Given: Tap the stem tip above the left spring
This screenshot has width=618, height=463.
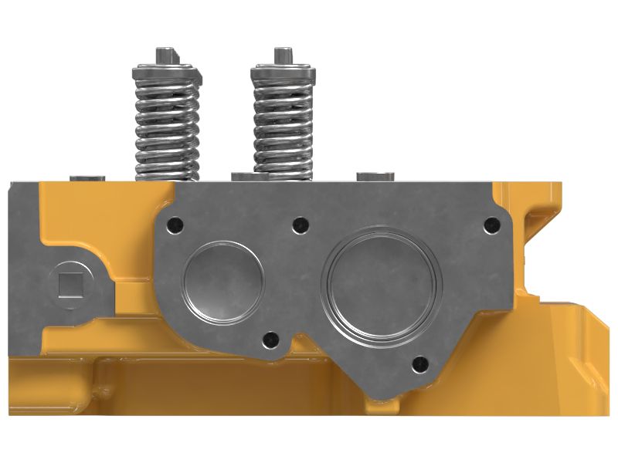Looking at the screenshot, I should [165, 56].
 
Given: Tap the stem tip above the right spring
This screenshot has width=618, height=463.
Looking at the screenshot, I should [283, 56].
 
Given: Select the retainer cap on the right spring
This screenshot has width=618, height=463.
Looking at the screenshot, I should [283, 74].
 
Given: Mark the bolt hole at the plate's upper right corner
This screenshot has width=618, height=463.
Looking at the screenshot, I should [487, 225].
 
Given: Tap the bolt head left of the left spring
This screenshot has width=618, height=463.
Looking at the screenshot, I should [87, 178].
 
